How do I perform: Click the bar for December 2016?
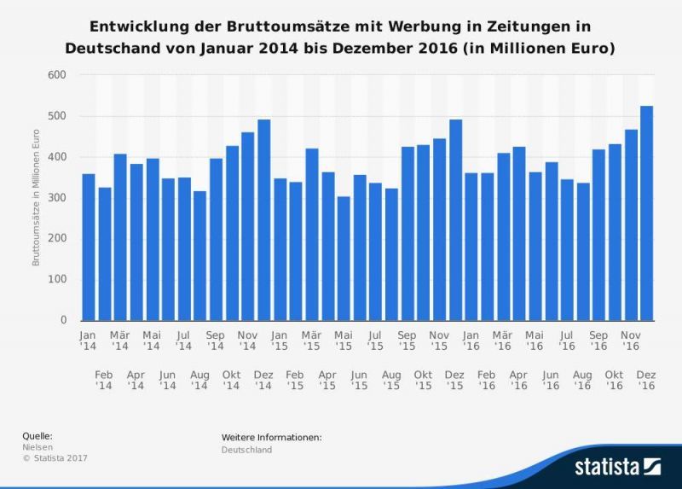[x=647, y=213]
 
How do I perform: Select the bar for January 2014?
[x=88, y=247]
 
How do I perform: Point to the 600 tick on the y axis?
[x=58, y=75]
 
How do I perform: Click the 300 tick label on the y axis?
[x=58, y=198]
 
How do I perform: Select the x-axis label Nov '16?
[x=631, y=341]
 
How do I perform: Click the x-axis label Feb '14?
[x=104, y=381]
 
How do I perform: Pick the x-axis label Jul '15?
[x=375, y=341]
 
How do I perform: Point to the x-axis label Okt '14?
[x=231, y=381]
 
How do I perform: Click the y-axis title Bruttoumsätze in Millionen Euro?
[x=37, y=198]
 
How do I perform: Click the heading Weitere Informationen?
[x=271, y=437]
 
